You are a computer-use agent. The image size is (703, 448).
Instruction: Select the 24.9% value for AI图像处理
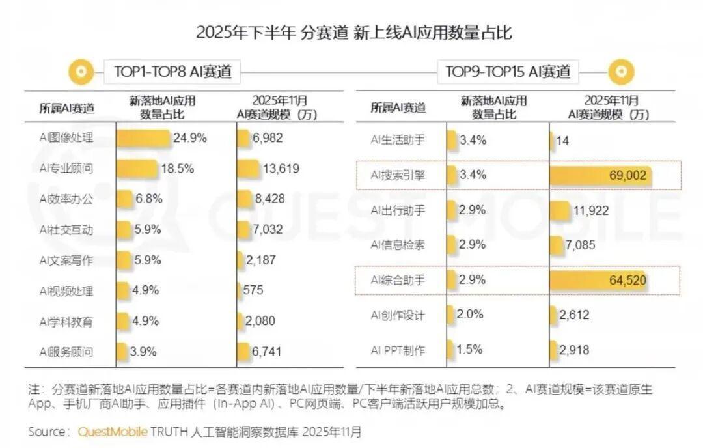pyautogui.click(x=189, y=137)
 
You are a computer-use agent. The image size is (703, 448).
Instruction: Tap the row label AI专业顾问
pyautogui.click(x=66, y=169)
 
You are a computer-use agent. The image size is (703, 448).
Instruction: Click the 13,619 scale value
pyautogui.click(x=281, y=169)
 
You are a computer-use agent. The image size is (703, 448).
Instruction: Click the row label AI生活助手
pyautogui.click(x=397, y=141)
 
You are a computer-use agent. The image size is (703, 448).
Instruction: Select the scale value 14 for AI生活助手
pyautogui.click(x=562, y=141)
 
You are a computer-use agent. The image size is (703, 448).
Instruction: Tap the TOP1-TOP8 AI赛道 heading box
pyautogui.click(x=172, y=72)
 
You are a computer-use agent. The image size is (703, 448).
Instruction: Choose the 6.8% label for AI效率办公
pyautogui.click(x=148, y=199)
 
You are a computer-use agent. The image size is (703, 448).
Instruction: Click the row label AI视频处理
pyautogui.click(x=66, y=290)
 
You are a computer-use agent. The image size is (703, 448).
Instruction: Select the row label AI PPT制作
pyautogui.click(x=398, y=350)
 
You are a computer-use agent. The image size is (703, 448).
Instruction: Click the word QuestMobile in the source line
pyautogui.click(x=113, y=432)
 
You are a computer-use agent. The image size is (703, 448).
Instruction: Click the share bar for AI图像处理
pyautogui.click(x=144, y=138)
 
